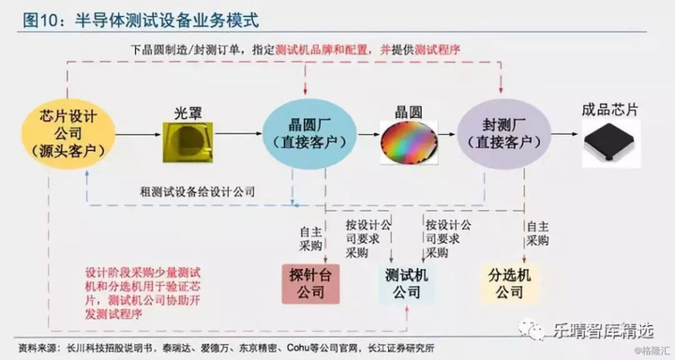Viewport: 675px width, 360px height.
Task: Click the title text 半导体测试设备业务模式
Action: point(164,18)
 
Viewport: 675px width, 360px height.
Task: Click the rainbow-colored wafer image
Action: point(409,140)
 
